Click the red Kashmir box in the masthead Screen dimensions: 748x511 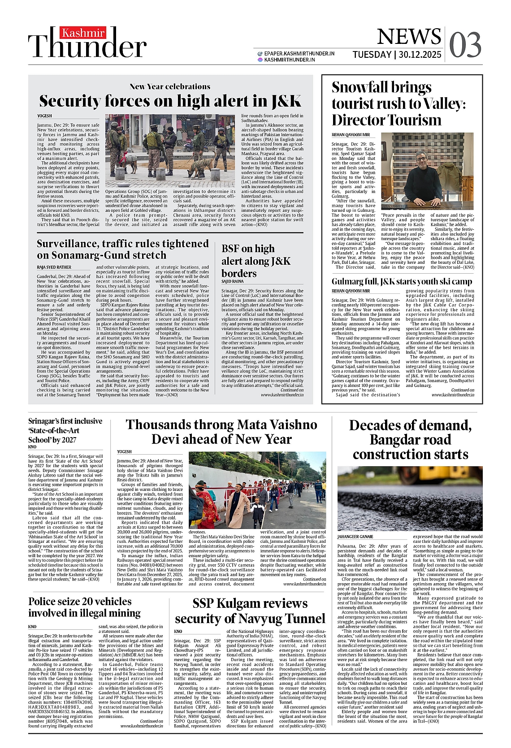83,33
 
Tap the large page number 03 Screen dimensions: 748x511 465,45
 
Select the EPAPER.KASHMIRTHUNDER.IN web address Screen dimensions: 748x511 299,53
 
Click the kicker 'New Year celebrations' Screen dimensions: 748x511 170,86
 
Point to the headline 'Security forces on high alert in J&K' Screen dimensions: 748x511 170,101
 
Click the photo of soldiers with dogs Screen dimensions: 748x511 170,150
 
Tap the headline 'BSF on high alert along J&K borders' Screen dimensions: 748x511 256,261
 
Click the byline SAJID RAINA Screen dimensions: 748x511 233,281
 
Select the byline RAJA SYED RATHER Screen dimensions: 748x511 54,267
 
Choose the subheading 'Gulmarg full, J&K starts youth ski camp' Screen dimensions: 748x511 402,281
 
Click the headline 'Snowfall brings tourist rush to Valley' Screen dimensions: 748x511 398,103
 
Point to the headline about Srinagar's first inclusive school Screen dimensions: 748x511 65,430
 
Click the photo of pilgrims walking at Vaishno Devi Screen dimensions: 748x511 257,490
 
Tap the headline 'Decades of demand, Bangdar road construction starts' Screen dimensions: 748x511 410,439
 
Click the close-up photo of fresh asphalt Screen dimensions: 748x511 410,498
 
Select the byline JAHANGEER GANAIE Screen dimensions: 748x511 355,536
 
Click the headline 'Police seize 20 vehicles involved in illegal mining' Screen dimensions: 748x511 84,607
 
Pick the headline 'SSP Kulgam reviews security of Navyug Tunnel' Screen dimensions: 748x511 250,611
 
